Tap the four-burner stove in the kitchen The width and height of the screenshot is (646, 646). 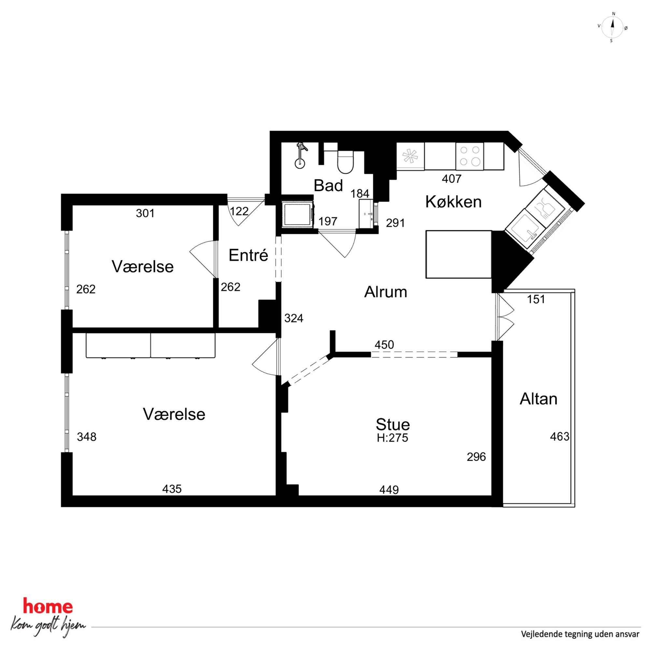(470, 156)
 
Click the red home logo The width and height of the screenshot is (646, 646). (48, 607)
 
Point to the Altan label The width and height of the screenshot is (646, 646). (538, 399)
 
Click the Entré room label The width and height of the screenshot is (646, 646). (248, 255)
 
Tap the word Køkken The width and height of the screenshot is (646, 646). (453, 202)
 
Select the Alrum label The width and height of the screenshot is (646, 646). (386, 292)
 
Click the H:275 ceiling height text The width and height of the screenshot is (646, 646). (393, 438)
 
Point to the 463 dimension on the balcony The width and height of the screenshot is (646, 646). (560, 436)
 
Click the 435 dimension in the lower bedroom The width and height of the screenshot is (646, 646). (172, 489)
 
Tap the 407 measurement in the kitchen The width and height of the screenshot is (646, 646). (452, 179)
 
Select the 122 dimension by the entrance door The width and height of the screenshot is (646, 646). (239, 211)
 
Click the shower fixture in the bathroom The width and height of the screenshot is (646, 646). (301, 155)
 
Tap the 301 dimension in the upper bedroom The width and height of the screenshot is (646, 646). (145, 213)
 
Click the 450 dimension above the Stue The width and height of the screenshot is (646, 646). (384, 344)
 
